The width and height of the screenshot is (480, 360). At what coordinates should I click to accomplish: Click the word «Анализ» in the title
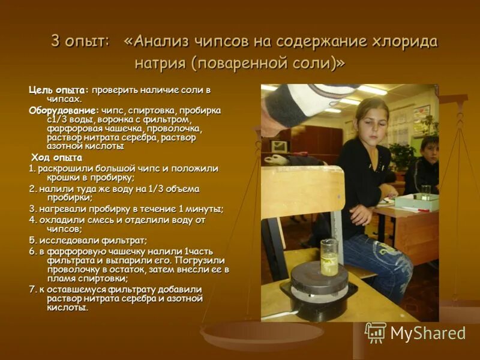pyautogui.click(x=158, y=42)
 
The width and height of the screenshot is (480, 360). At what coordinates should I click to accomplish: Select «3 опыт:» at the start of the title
pyautogui.click(x=80, y=42)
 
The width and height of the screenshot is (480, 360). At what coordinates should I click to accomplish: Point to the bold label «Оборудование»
pyautogui.click(x=63, y=111)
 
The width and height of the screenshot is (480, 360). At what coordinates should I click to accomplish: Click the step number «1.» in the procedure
pyautogui.click(x=33, y=169)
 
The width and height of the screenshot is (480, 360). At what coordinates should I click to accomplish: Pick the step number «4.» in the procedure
pyautogui.click(x=33, y=220)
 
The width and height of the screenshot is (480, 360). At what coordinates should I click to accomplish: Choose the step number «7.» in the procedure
pyautogui.click(x=33, y=289)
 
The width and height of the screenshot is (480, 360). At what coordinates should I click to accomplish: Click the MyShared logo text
pyautogui.click(x=428, y=334)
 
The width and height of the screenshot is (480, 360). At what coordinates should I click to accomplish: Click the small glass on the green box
pyautogui.click(x=425, y=192)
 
